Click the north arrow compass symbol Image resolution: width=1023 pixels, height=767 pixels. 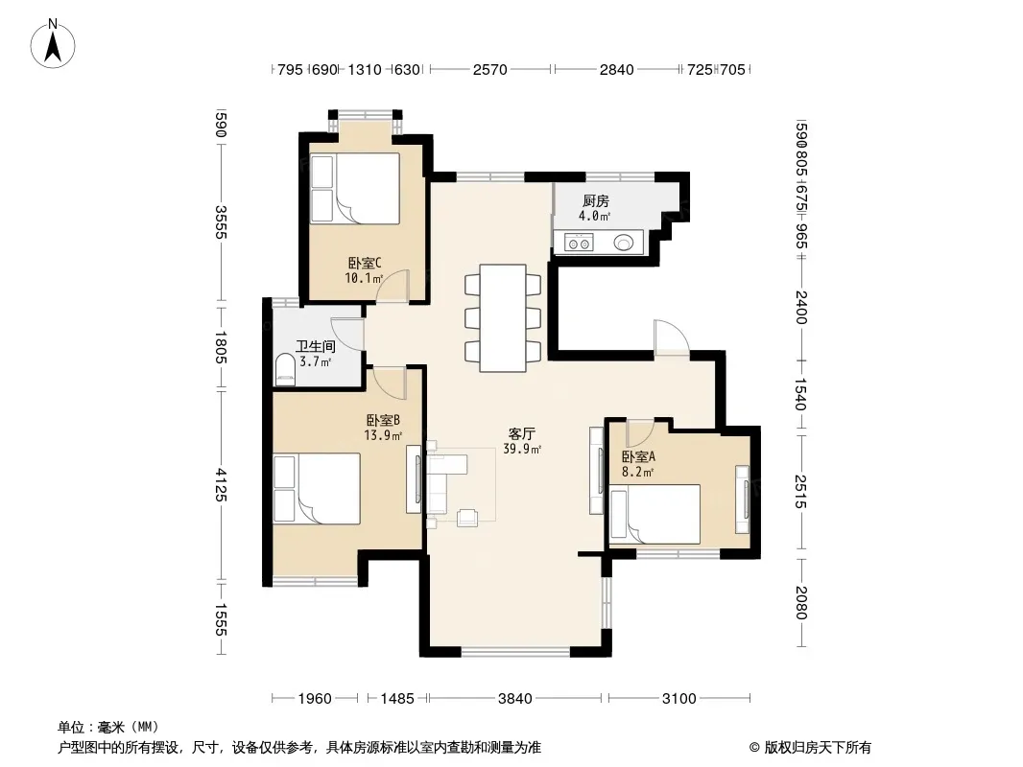pyautogui.click(x=53, y=44)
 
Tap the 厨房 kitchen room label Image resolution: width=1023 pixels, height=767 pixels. pyautogui.click(x=596, y=200)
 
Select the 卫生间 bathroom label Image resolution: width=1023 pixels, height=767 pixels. pyautogui.click(x=315, y=347)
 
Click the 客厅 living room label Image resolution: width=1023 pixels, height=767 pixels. pyautogui.click(x=522, y=433)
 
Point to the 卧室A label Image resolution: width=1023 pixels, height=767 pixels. pyautogui.click(x=638, y=456)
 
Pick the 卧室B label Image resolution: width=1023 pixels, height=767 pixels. pyautogui.click(x=383, y=420)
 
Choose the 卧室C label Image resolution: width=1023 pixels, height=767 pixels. pyautogui.click(x=364, y=264)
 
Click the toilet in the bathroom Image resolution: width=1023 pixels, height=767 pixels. pyautogui.click(x=284, y=368)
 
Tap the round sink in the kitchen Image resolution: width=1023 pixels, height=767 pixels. pyautogui.click(x=623, y=244)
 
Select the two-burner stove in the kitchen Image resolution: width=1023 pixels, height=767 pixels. pyautogui.click(x=579, y=244)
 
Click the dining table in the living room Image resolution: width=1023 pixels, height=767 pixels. pyautogui.click(x=503, y=318)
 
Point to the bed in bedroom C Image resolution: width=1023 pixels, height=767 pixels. pyautogui.click(x=355, y=188)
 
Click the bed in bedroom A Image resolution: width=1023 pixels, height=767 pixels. pyautogui.click(x=654, y=514)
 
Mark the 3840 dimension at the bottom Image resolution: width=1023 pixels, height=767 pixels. pyautogui.click(x=515, y=699)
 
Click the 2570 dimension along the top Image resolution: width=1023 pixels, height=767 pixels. pyautogui.click(x=490, y=69)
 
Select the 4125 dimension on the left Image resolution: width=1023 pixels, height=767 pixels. pyautogui.click(x=221, y=485)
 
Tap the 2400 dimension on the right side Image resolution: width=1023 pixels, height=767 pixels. pyautogui.click(x=802, y=308)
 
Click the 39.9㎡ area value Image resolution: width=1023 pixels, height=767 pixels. pyautogui.click(x=522, y=449)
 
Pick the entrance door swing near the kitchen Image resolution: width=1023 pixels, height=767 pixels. pyautogui.click(x=672, y=337)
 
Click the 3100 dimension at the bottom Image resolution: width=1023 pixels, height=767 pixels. pyautogui.click(x=679, y=699)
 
